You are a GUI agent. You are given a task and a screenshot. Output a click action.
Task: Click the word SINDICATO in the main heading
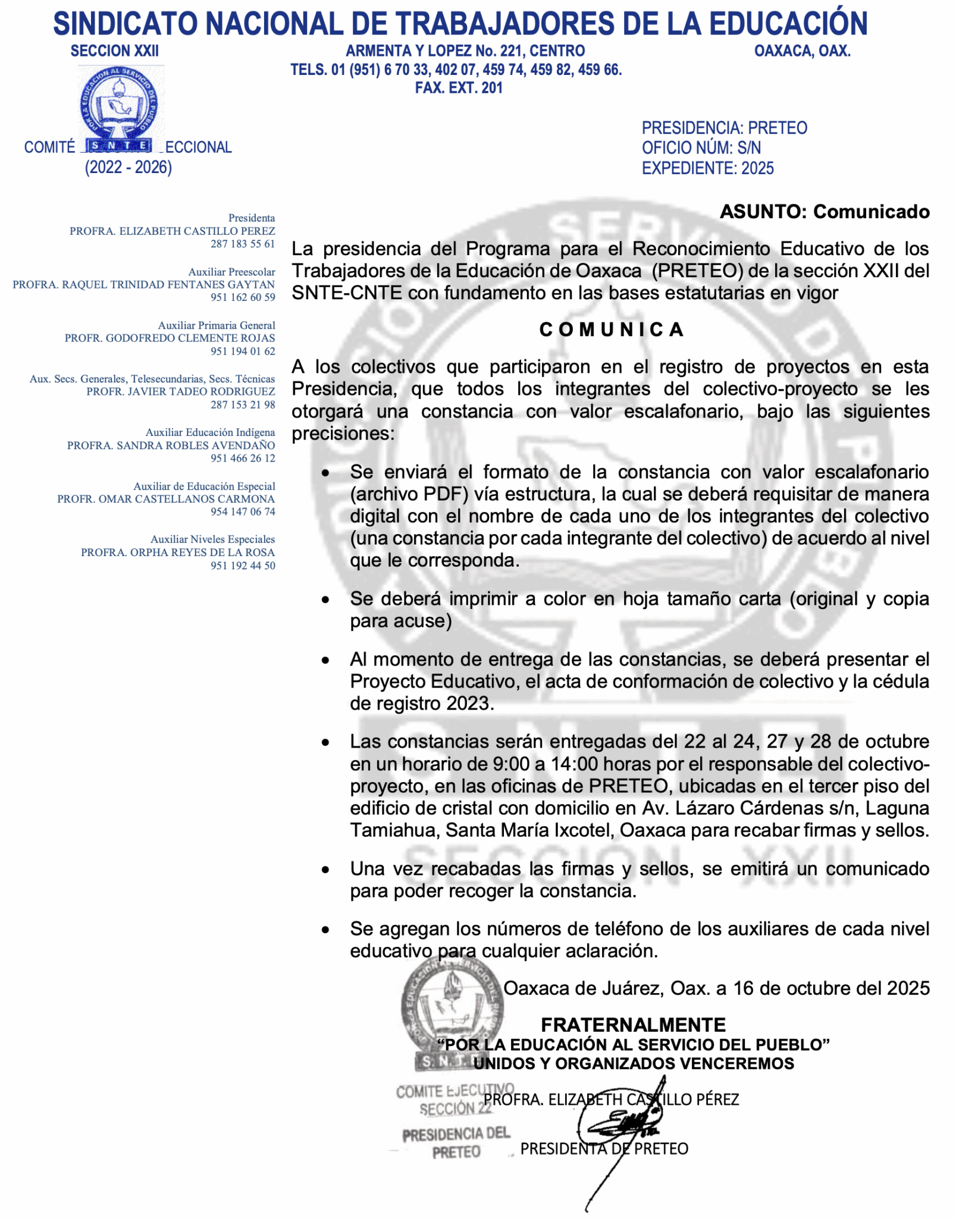[126, 24]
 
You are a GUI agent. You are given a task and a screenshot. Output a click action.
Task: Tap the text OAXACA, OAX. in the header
[802, 51]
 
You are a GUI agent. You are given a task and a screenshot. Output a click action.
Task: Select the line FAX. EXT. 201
[459, 88]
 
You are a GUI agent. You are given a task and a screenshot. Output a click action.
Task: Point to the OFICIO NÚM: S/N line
[701, 148]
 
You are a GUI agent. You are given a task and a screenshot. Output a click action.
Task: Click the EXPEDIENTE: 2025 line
[707, 168]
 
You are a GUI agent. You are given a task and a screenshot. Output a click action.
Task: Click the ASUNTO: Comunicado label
[824, 212]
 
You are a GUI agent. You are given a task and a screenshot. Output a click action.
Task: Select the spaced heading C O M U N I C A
[611, 329]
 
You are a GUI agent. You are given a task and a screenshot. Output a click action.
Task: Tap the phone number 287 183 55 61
[243, 244]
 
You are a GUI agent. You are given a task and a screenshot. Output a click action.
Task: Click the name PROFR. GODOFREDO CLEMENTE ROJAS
[170, 338]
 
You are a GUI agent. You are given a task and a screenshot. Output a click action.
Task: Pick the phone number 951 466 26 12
[243, 459]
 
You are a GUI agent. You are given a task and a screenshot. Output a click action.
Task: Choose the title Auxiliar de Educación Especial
[204, 486]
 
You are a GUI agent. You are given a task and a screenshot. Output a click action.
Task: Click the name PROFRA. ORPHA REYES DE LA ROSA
[178, 553]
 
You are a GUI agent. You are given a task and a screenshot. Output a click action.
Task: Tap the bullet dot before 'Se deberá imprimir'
[325, 600]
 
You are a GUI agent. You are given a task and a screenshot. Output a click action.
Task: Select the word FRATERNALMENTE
[633, 1025]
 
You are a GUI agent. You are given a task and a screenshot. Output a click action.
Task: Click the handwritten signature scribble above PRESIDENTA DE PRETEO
[619, 1124]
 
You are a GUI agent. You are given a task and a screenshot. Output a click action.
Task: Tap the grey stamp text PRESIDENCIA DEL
[456, 1134]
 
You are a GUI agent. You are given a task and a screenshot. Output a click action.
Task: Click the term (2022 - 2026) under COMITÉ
[128, 168]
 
